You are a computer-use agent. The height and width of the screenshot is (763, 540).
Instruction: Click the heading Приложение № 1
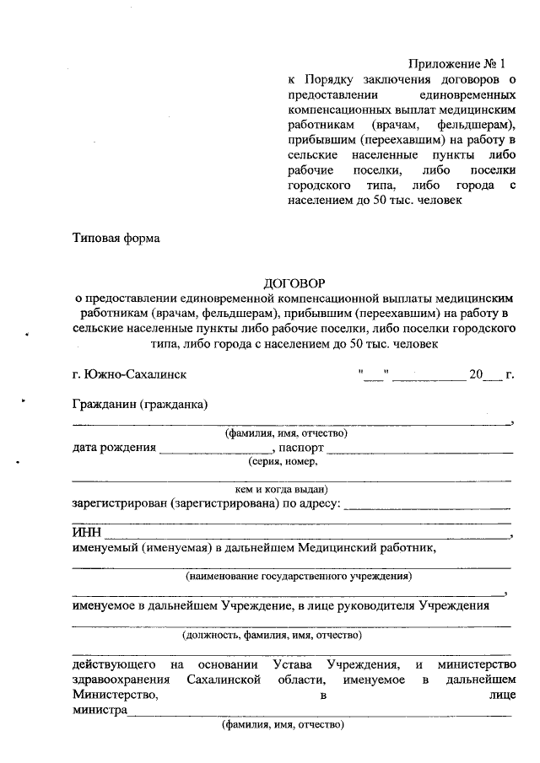click(456, 64)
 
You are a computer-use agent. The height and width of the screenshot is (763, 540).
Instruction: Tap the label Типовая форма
click(116, 238)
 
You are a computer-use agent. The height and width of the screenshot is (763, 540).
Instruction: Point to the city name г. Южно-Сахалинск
click(130, 373)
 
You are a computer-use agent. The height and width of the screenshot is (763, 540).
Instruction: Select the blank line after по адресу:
click(428, 506)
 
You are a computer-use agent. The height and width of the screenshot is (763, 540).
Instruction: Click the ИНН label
click(86, 532)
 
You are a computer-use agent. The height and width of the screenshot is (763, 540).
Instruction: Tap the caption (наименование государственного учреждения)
click(299, 577)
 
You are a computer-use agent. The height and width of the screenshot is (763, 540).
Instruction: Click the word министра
click(100, 711)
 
